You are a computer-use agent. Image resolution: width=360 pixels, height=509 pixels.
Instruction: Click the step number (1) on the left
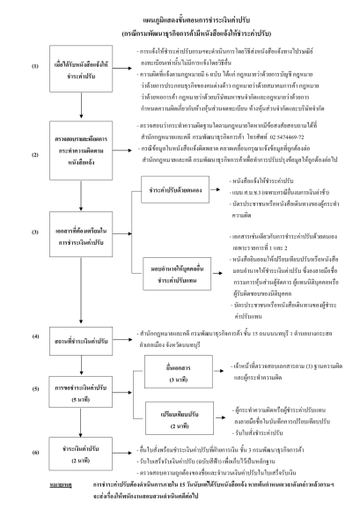(x=35, y=65)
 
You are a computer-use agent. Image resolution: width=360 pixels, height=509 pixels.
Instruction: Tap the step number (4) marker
(x=35, y=336)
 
